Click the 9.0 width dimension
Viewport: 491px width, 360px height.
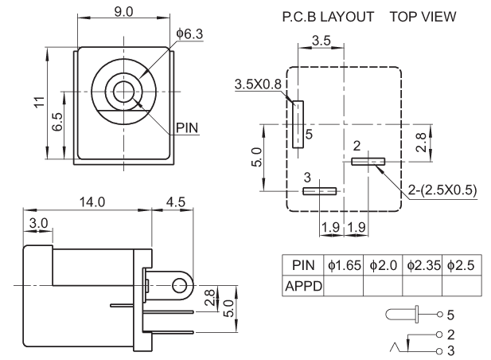point(124,11)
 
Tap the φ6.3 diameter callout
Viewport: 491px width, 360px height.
point(189,33)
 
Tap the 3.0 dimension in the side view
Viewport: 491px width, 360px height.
point(37,222)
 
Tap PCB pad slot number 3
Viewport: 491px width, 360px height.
point(321,190)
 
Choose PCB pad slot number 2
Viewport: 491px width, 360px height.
point(368,161)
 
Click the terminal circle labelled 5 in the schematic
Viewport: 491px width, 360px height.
point(438,316)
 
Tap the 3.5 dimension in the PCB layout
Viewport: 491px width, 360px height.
point(321,40)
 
